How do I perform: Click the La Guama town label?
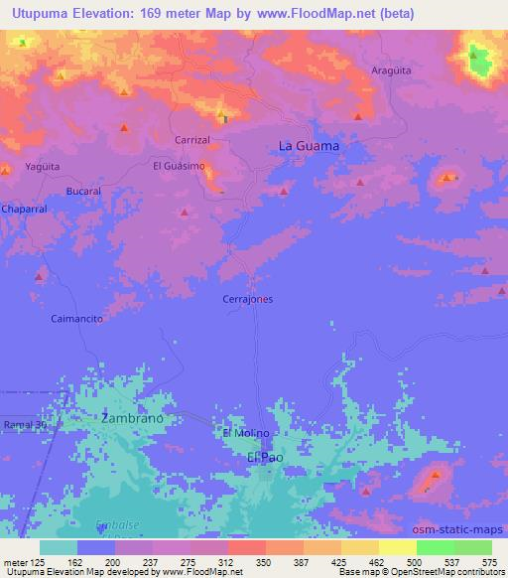[309, 146]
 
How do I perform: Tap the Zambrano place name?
[132, 419]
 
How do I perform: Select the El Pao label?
[265, 457]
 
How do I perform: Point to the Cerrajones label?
[246, 298]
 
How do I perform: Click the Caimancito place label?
[77, 319]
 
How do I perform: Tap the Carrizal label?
[192, 140]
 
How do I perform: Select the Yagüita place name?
[44, 167]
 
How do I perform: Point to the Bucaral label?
[84, 190]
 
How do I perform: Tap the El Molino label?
[247, 433]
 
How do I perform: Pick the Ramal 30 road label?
[25, 425]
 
